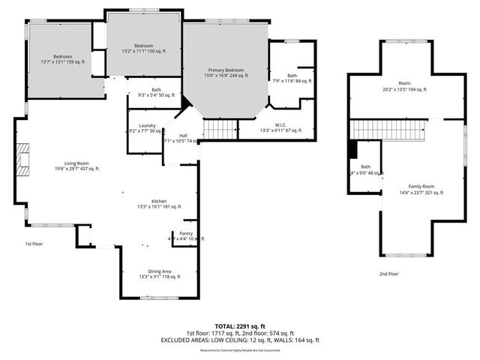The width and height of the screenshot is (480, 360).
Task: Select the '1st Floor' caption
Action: click(34, 244)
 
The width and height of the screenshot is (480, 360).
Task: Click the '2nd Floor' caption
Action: click(388, 274)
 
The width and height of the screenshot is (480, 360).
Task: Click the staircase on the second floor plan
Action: click(379, 130)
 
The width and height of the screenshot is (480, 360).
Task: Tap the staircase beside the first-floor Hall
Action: click(220, 130)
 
